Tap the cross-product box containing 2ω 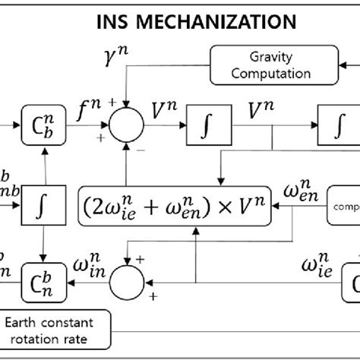pos(174,203)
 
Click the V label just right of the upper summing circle pos(166,112)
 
